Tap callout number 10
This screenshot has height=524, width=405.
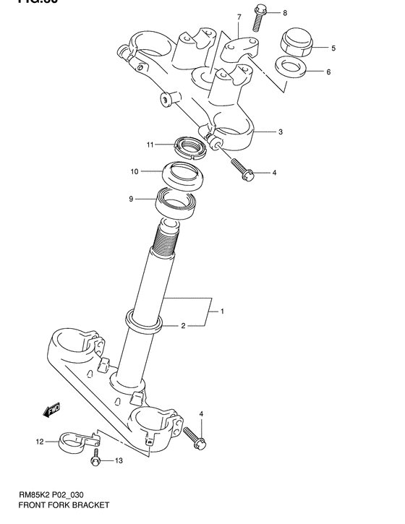(135, 172)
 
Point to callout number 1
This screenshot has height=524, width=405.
(222, 312)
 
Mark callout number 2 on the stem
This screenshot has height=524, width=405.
(183, 326)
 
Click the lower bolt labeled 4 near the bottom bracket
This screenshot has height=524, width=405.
(193, 437)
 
